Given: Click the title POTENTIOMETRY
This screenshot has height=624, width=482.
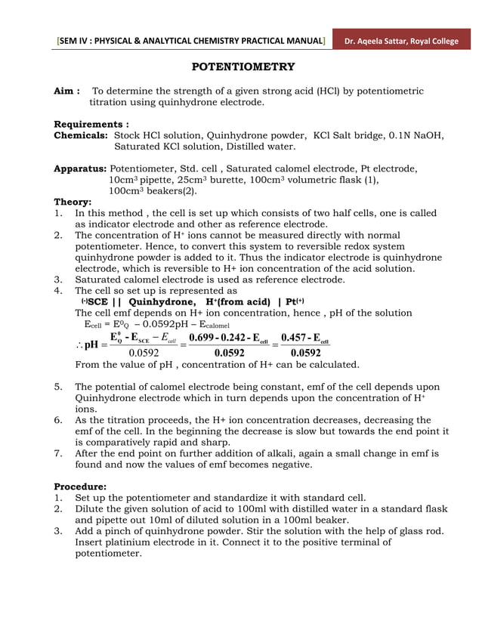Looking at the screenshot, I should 243,67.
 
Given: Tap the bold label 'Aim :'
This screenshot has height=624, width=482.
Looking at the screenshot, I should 67,91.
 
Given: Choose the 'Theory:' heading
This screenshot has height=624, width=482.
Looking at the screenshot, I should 73,202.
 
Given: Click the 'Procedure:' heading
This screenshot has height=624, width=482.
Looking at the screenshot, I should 85,487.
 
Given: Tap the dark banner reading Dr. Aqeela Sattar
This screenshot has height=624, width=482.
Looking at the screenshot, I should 403,40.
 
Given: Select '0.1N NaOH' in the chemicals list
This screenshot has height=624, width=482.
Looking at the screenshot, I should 418,135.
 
